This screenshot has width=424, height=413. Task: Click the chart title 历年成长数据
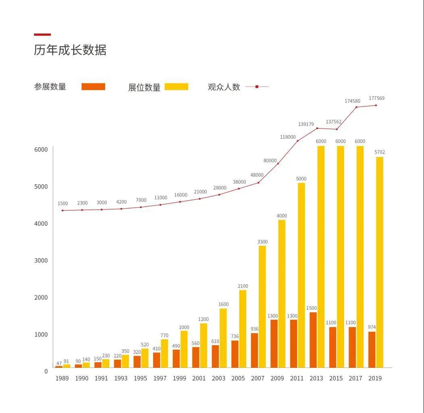70,50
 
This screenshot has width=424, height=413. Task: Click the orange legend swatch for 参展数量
93,86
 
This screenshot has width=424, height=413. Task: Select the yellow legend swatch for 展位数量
176,86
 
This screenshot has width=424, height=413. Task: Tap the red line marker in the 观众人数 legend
257,86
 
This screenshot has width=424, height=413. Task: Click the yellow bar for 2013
321,257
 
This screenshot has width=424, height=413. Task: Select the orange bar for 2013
313,340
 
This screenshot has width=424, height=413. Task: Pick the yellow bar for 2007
262,307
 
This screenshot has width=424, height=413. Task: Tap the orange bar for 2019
372,349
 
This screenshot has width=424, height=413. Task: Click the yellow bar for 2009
282,293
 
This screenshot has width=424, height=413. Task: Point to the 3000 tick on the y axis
40,261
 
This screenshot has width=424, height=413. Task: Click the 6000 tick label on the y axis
40,150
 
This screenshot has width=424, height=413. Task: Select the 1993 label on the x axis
121,378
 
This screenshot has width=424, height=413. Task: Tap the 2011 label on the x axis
297,378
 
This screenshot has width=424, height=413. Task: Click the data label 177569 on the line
376,98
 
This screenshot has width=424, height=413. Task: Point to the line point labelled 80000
278,163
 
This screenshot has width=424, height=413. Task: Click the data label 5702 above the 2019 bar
379,152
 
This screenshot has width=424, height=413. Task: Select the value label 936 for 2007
254,329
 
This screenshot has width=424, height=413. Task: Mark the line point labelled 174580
356,107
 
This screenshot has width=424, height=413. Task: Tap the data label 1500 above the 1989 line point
62,204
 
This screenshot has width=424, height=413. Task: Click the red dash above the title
42,35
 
